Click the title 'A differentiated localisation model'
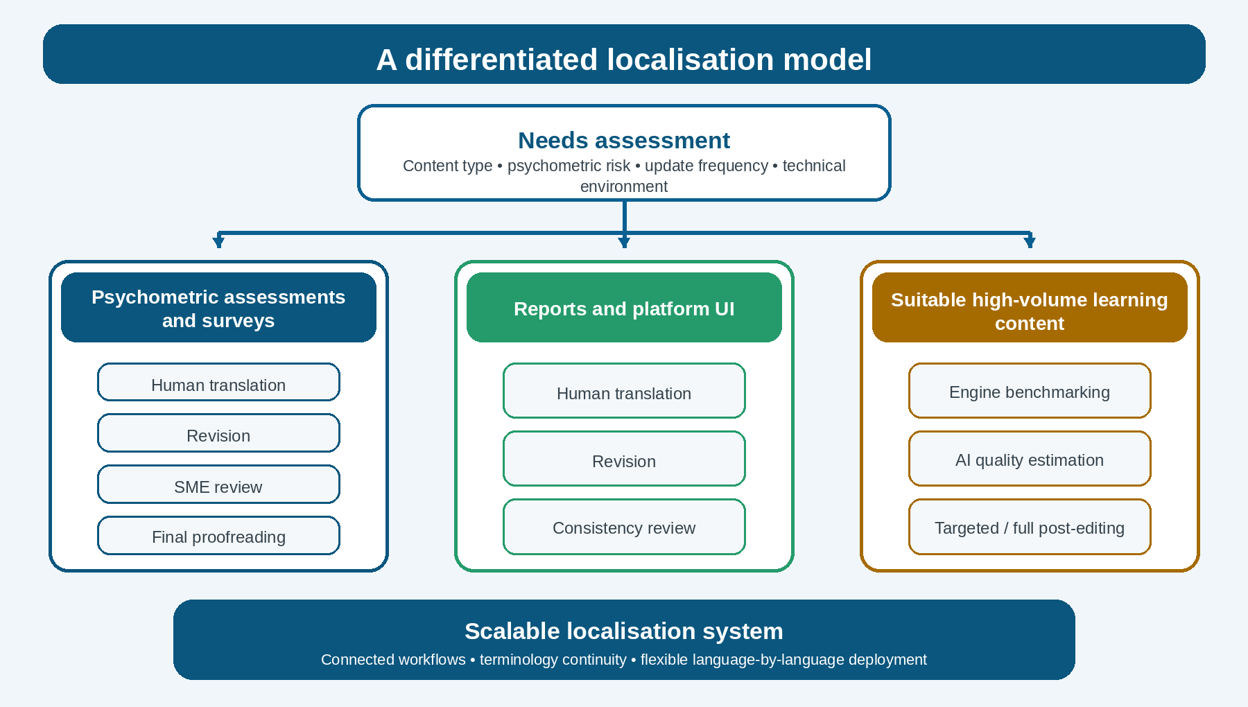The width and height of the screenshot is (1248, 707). pos(624,60)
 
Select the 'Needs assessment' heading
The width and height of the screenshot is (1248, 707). pos(624,140)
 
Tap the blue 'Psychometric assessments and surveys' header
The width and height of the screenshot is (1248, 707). pos(218,308)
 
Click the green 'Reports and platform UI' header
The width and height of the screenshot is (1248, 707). pos(624,308)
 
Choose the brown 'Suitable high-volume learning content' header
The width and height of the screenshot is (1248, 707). pos(1030,308)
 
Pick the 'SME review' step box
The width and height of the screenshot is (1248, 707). pos(218,485)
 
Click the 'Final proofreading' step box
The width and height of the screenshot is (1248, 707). pos(218,536)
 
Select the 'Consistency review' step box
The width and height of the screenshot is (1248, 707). pos(624,527)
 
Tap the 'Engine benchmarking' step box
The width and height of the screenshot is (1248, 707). pos(1030,391)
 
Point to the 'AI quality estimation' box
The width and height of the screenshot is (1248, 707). pos(1030,459)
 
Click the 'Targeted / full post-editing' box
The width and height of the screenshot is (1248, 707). pos(1030,527)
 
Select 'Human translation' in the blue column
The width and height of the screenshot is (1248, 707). pos(218,382)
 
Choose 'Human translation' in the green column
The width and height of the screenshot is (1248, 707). pos(624,391)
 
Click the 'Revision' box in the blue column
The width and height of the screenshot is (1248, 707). pos(218,433)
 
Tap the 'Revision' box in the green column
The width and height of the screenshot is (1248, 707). pos(624,459)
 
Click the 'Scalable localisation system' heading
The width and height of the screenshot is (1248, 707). pos(624,631)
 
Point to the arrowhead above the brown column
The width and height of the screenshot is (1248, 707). pos(1030,242)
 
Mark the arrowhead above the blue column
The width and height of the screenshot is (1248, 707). pos(218,242)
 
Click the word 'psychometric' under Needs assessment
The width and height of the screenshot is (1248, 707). pos(569,166)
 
